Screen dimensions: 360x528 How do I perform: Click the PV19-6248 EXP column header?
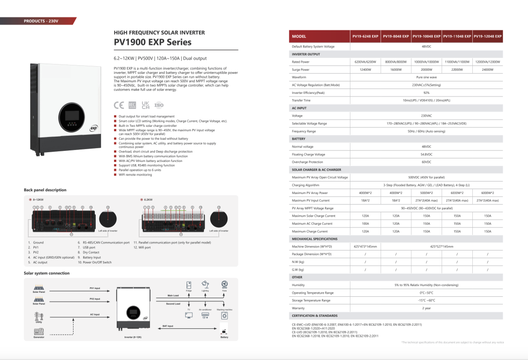pyautogui.click(x=366, y=36)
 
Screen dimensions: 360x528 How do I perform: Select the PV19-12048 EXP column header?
pyautogui.click(x=487, y=36)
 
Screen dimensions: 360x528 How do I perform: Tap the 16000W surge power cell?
pyautogui.click(x=396, y=69)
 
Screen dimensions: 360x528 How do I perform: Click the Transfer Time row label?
pyautogui.click(x=301, y=100)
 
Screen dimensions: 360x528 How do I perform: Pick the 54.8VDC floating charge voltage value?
pyautogui.click(x=426, y=154)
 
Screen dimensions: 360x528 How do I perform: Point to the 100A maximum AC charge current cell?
pyautogui.click(x=366, y=223)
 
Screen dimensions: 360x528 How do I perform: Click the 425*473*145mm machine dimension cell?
pyautogui.click(x=366, y=246)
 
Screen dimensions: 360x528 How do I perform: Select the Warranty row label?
pyautogui.click(x=298, y=308)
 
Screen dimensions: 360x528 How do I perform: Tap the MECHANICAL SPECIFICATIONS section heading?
pyautogui.click(x=314, y=239)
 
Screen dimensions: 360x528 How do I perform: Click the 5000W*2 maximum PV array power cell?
pyautogui.click(x=426, y=193)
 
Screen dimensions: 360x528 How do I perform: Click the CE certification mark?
pyautogui.click(x=119, y=105)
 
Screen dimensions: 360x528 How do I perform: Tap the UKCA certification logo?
pyautogui.click(x=146, y=105)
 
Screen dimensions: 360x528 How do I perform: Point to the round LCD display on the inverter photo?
pyautogui.click(x=73, y=116)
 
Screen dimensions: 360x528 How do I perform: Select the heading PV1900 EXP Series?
pyautogui.click(x=153, y=43)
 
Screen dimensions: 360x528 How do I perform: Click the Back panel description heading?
pyautogui.click(x=45, y=190)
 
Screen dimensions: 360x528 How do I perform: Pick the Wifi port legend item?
pyautogui.click(x=144, y=247)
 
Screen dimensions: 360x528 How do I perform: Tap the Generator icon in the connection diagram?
pyautogui.click(x=39, y=332)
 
